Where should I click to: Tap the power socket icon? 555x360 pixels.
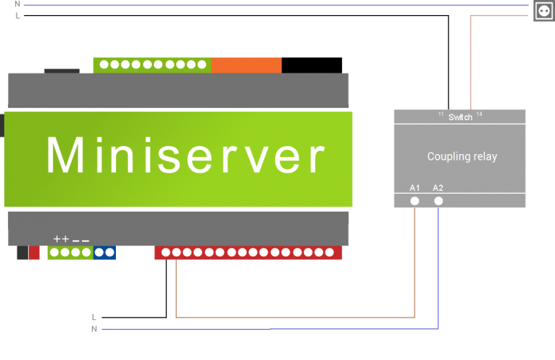tap(543, 12)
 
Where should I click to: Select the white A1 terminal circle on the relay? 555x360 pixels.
tap(415, 202)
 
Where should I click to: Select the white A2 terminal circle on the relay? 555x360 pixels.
tap(438, 202)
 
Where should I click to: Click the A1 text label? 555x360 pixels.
tap(415, 188)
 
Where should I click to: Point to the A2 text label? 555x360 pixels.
tap(438, 188)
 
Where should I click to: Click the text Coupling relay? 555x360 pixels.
tap(461, 156)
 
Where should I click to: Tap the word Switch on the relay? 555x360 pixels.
tap(460, 117)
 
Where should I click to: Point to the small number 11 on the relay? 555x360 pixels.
tap(441, 114)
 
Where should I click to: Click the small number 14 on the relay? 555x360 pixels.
tap(479, 114)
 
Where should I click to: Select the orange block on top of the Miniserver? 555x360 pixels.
tap(246, 65)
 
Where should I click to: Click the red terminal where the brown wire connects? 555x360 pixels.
tap(176, 253)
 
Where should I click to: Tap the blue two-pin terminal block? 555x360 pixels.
tap(104, 253)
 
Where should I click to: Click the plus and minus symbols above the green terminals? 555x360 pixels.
tap(71, 239)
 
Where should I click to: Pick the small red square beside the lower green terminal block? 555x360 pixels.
tap(34, 253)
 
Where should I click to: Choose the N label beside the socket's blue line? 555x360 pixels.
tap(17, 4)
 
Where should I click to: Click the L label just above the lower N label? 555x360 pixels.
tap(94, 317)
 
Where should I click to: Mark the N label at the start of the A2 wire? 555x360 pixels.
tap(94, 329)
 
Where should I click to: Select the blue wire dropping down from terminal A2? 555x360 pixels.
tap(438, 266)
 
